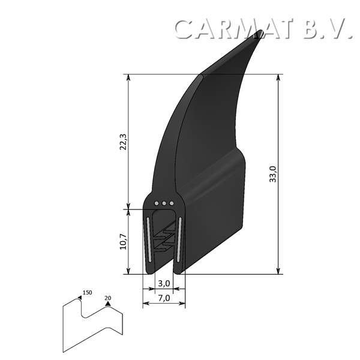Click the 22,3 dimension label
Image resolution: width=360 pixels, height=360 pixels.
pos(123,142)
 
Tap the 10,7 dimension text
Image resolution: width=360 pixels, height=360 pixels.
pos(123,241)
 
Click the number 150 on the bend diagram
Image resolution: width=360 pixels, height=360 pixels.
pos(88,292)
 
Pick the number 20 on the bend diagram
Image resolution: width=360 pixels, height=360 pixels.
pos(108,297)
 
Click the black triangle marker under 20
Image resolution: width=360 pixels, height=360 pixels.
pos(107,304)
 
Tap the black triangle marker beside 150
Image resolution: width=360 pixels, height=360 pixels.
pos(79,296)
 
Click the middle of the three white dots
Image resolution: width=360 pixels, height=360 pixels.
pos(164,203)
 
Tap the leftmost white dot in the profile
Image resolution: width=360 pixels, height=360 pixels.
pos(157,203)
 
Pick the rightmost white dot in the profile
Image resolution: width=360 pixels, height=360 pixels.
pos(172,203)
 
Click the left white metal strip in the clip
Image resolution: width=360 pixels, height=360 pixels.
pos(148,238)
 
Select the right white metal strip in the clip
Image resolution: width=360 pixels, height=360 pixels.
pos(179,238)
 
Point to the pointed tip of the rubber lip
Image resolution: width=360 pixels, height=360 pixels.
pos(261,32)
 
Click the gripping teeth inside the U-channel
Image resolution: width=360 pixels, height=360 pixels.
pos(164,240)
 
